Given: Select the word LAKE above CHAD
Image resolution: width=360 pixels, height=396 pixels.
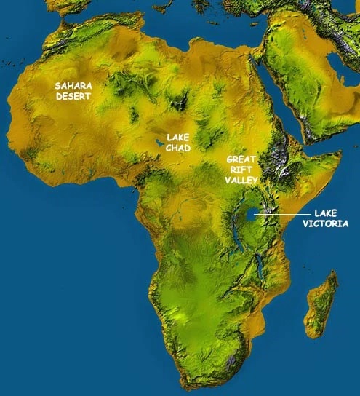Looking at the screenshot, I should click(x=178, y=136).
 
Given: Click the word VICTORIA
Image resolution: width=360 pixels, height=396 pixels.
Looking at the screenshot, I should click(x=327, y=224).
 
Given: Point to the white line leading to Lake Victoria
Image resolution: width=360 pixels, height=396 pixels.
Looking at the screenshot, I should click(x=280, y=214).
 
